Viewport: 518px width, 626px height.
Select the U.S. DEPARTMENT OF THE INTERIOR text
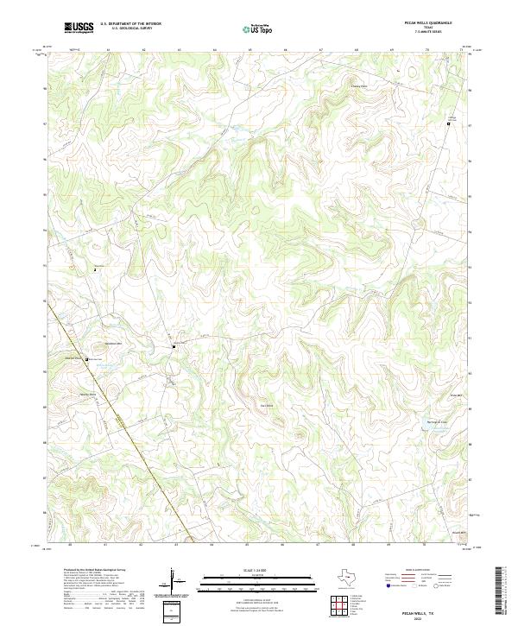click(x=130, y=24)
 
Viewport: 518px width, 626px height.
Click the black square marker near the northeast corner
click(x=448, y=125)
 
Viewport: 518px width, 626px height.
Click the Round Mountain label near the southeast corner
click(x=460, y=533)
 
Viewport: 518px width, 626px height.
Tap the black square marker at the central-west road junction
click(x=174, y=347)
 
